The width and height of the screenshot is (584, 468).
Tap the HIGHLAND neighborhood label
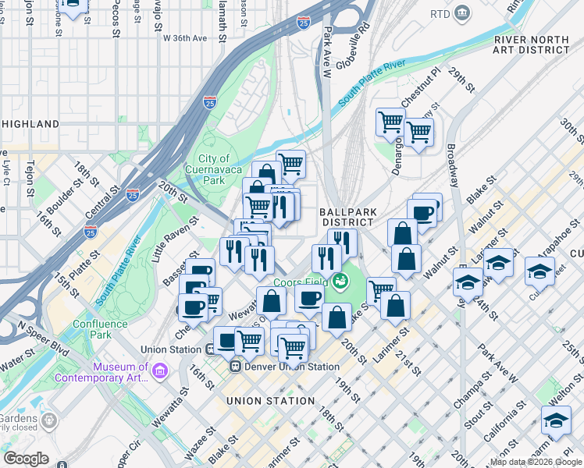[x=30, y=124]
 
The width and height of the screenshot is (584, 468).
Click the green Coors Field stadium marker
[x=339, y=280]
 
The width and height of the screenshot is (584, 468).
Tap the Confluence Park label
[x=100, y=329]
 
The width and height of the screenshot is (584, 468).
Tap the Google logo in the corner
[x=27, y=458]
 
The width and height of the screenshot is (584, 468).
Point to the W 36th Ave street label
[x=184, y=37]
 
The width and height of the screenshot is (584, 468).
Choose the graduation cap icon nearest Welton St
[x=555, y=420]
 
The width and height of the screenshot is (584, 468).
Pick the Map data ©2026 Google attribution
[x=536, y=462]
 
